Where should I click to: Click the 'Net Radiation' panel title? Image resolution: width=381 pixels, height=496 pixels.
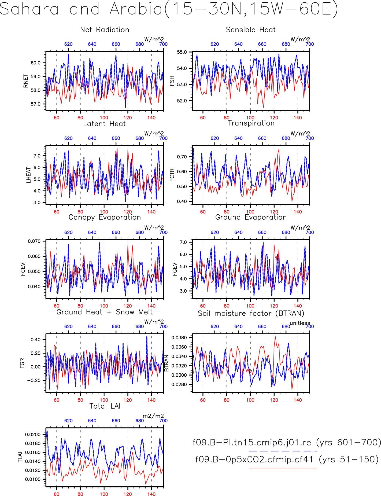105,30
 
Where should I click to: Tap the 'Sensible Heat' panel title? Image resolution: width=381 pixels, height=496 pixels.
251,30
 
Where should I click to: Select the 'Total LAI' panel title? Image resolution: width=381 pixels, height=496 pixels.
105,406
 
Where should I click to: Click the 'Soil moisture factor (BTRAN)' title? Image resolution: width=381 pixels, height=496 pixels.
251,313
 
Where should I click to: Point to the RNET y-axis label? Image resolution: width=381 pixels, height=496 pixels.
26,81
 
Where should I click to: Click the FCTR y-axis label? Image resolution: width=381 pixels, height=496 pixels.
172,175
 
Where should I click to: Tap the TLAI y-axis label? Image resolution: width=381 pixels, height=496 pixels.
20,457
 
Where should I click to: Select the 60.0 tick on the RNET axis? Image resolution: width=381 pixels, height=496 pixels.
36,63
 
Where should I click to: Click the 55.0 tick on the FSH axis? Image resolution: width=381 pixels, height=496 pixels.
182,52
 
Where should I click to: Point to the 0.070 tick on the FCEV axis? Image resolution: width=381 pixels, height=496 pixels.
34,241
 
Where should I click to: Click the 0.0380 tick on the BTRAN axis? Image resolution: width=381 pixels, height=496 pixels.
179,337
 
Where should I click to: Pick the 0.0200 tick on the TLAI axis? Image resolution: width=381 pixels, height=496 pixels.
33,435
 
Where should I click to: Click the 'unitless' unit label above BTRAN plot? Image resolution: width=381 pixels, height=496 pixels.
300,323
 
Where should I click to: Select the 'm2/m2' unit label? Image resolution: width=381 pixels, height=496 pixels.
153,416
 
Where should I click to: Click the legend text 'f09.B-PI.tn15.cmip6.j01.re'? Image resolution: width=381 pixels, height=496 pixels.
252,442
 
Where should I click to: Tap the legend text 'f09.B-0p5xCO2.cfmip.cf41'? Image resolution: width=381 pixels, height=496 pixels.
254,459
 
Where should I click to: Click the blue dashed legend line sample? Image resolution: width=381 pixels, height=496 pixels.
283,451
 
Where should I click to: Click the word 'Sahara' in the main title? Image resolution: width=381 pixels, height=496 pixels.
29,9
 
